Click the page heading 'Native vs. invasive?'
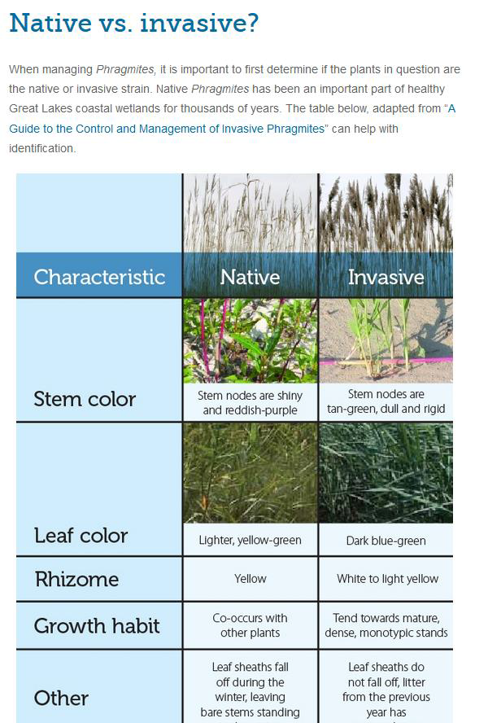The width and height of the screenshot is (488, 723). pyautogui.click(x=133, y=23)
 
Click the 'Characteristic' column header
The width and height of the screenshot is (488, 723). pyautogui.click(x=99, y=277)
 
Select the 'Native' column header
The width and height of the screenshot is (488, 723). pyautogui.click(x=251, y=277)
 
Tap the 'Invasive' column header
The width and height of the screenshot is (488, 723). pyautogui.click(x=386, y=277)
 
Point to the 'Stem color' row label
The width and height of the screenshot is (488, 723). pyautogui.click(x=85, y=399)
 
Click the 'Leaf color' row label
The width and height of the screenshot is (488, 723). pyautogui.click(x=81, y=536)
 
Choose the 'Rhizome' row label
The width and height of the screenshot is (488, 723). pyautogui.click(x=77, y=579)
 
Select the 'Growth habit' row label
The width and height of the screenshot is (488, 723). pyautogui.click(x=97, y=626)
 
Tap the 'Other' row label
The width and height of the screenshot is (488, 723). pyautogui.click(x=61, y=698)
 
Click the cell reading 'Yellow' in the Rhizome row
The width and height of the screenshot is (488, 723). pyautogui.click(x=251, y=579)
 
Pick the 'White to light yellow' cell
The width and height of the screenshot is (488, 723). pyautogui.click(x=387, y=579)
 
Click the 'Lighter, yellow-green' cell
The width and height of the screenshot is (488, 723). pyautogui.click(x=251, y=540)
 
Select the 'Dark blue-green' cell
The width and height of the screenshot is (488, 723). pyautogui.click(x=386, y=541)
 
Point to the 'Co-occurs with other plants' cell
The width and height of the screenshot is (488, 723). pyautogui.click(x=251, y=625)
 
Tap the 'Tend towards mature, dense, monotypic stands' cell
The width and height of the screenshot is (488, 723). pyautogui.click(x=386, y=625)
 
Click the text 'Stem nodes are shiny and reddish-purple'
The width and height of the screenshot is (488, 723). pyautogui.click(x=251, y=402)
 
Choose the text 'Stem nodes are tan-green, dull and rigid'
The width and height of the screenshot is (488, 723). pyautogui.click(x=386, y=401)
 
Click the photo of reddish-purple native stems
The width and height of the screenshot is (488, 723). pyautogui.click(x=251, y=341)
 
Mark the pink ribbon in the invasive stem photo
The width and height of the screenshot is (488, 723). pyautogui.click(x=386, y=361)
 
